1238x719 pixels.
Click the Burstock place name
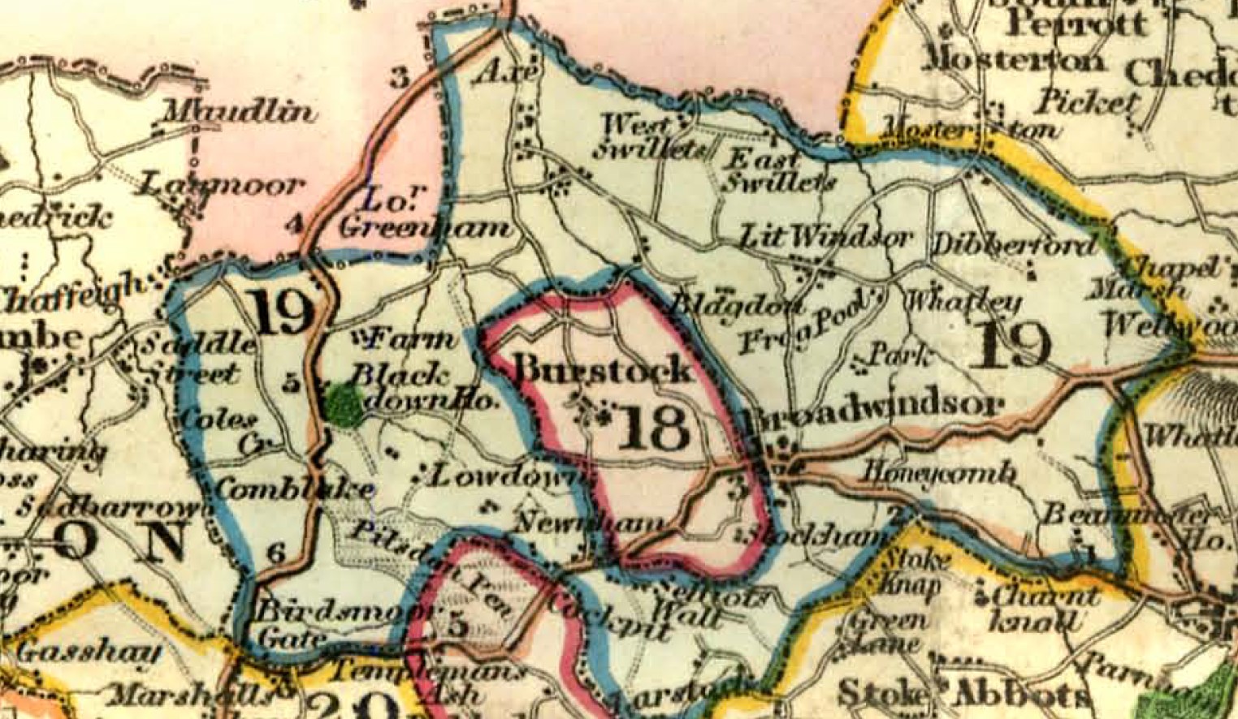604,369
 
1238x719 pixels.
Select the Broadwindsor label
870,406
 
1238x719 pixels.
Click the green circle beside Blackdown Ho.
345,406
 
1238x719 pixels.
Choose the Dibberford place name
1015,244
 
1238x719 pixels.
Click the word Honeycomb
939,471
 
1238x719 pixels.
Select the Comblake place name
294,489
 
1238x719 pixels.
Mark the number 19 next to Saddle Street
283,312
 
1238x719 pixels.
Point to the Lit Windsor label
825,238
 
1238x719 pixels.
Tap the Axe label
505,72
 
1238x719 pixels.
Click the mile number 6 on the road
276,553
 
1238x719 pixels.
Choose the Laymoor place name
219,186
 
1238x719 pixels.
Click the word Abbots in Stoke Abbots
1021,694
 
